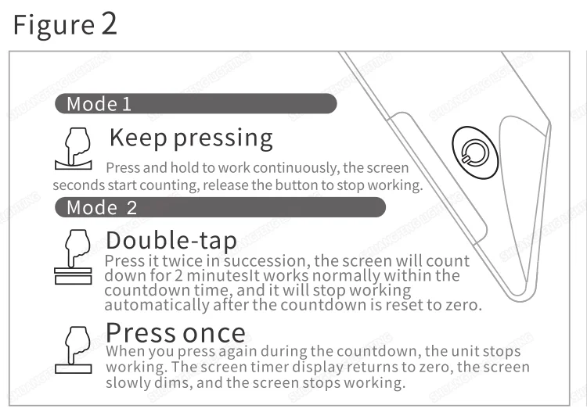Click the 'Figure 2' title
(x=65, y=24)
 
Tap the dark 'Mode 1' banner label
(x=99, y=104)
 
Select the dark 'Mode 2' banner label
(x=102, y=207)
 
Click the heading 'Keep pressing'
(x=190, y=138)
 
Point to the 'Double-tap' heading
(x=171, y=238)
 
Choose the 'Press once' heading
(x=175, y=332)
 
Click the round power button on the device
(x=474, y=149)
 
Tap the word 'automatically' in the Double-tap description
(x=152, y=305)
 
